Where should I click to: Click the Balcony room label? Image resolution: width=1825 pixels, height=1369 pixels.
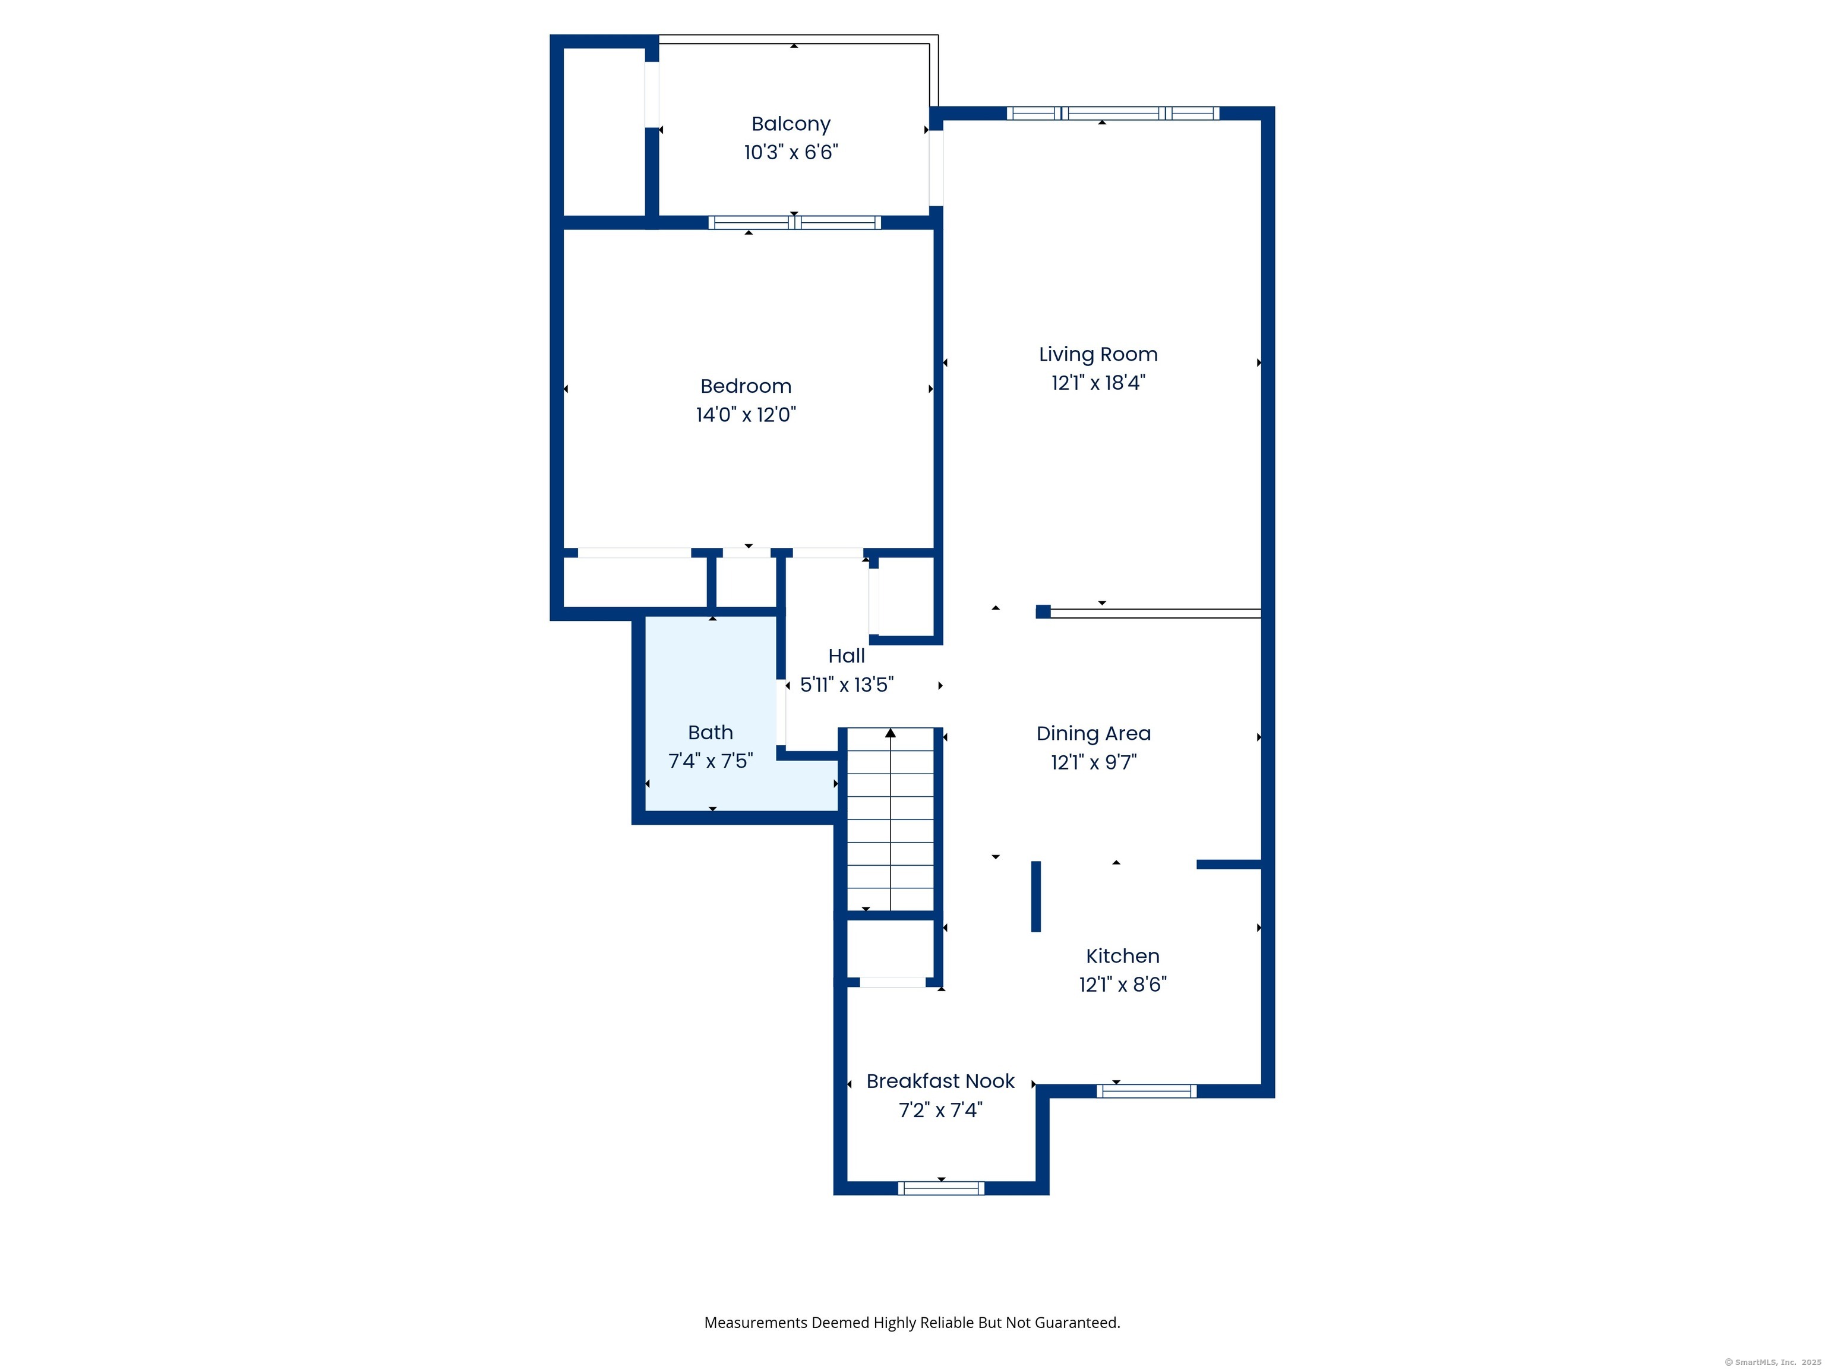click(790, 124)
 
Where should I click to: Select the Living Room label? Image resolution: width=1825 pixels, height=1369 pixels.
click(1097, 354)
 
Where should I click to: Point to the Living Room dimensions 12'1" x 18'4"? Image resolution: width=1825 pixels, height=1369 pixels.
click(1097, 383)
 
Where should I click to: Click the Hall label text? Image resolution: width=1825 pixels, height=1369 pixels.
click(846, 656)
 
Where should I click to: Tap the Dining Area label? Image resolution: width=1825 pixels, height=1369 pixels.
click(1093, 734)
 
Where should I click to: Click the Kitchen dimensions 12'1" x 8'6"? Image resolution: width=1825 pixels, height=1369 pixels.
click(1122, 985)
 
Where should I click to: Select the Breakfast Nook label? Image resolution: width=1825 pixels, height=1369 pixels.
click(940, 1081)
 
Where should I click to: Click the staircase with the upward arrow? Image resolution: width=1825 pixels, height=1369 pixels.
click(891, 825)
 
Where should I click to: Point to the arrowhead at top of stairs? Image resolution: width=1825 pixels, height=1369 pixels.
click(891, 733)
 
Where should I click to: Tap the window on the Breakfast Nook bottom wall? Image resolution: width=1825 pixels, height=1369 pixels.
click(940, 1188)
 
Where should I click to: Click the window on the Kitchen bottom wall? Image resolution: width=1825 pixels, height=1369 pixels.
click(1146, 1091)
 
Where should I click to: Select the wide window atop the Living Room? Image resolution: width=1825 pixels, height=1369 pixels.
click(1112, 113)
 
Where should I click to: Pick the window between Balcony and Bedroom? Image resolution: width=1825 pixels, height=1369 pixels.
click(794, 222)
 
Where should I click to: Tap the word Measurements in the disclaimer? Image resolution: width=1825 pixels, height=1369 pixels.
click(755, 1323)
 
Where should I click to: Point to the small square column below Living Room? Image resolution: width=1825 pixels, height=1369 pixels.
click(1043, 611)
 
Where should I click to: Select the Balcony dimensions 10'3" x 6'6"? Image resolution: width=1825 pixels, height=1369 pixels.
click(790, 153)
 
